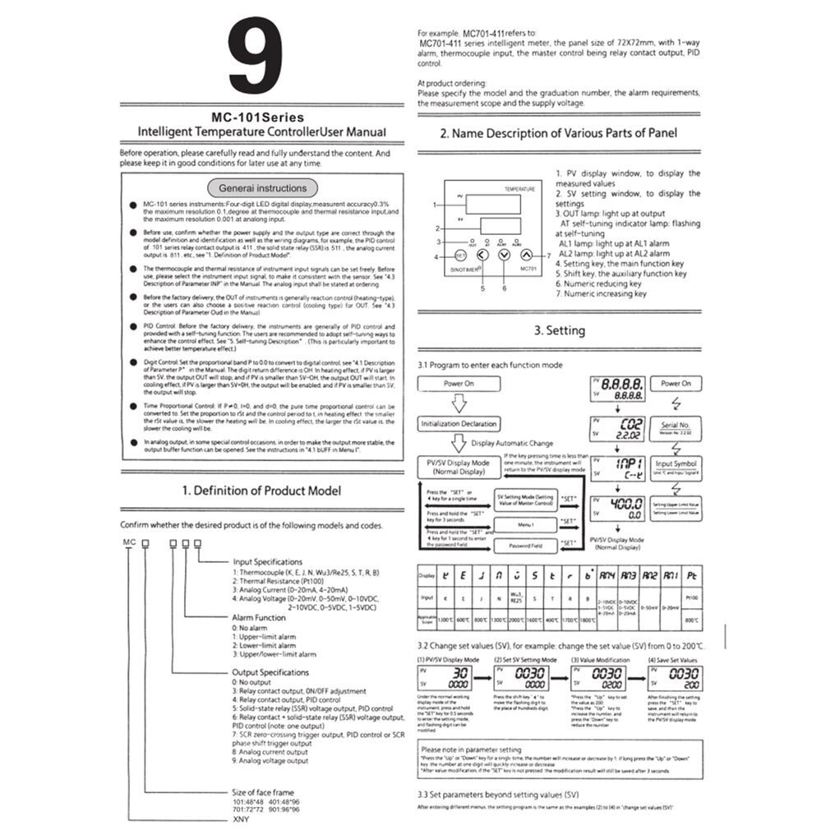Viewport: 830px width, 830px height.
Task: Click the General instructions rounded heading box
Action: point(262,187)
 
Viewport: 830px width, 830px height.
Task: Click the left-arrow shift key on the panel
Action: point(482,256)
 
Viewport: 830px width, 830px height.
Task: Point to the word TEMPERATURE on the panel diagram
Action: point(519,188)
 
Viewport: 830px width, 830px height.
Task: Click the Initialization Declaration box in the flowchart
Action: point(459,423)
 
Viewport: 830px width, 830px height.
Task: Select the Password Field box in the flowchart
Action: point(525,545)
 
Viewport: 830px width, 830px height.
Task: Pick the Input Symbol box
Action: point(676,466)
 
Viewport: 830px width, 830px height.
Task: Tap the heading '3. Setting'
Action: point(559,331)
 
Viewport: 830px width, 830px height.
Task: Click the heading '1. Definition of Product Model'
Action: point(261,491)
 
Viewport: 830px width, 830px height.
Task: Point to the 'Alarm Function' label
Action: point(259,616)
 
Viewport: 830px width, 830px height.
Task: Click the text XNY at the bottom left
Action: point(239,818)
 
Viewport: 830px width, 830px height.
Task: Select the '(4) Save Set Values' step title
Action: point(673,659)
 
